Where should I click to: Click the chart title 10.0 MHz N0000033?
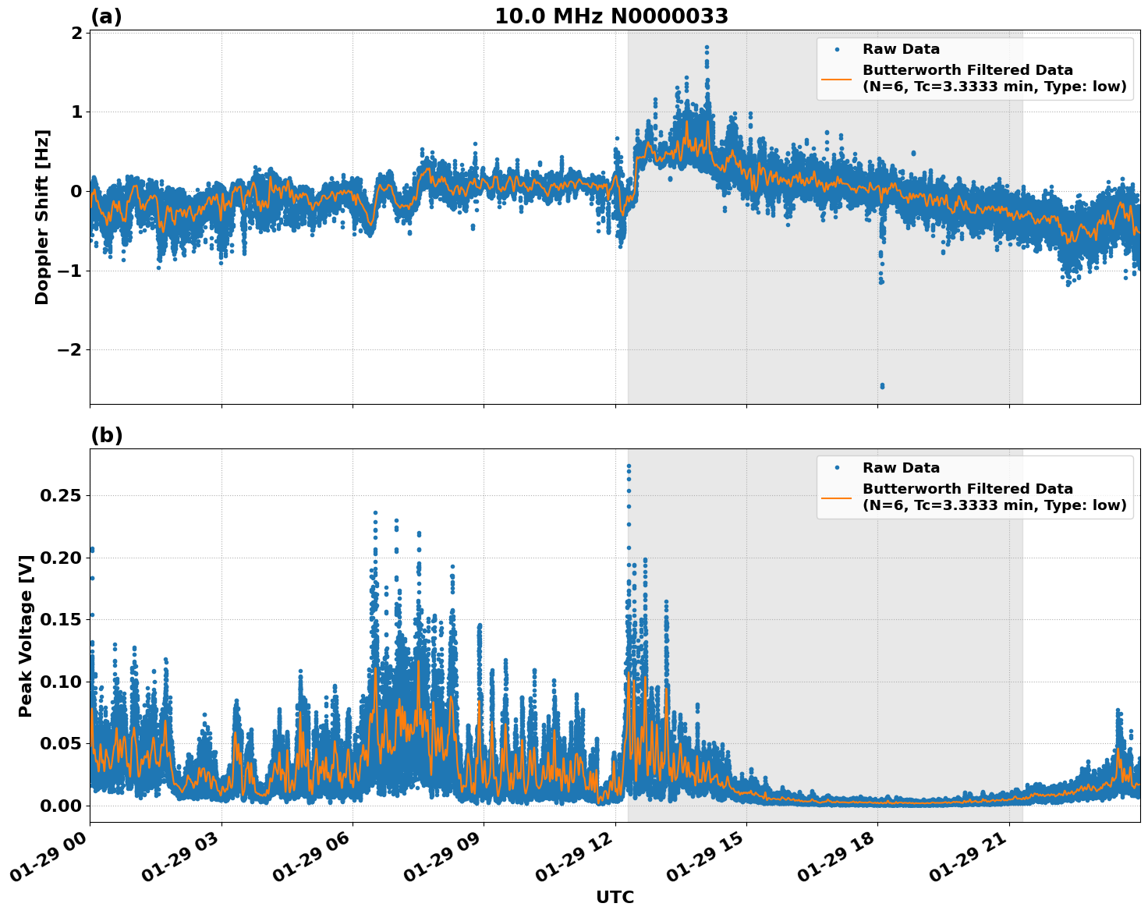point(611,16)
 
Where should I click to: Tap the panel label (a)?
point(106,16)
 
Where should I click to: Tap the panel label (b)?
point(107,435)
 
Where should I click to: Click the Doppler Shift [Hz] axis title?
point(42,217)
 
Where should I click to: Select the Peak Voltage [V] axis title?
point(26,636)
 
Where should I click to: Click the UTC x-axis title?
point(615,897)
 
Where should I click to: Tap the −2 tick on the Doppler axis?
point(69,350)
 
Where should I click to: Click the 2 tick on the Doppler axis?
point(76,33)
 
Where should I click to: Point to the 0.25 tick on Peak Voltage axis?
point(61,496)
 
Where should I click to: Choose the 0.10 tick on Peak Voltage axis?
point(61,682)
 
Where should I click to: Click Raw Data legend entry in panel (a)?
point(901,50)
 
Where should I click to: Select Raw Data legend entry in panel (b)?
point(901,468)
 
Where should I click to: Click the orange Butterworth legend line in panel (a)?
point(837,78)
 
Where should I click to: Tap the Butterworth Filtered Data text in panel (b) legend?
point(967,489)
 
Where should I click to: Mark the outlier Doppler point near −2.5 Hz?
point(882,386)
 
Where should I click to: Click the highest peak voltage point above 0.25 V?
point(629,466)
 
